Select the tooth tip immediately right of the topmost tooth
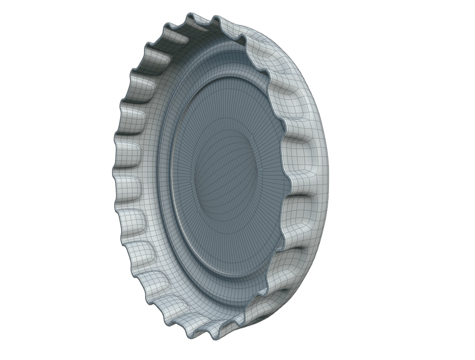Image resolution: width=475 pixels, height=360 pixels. tap(215, 17)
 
